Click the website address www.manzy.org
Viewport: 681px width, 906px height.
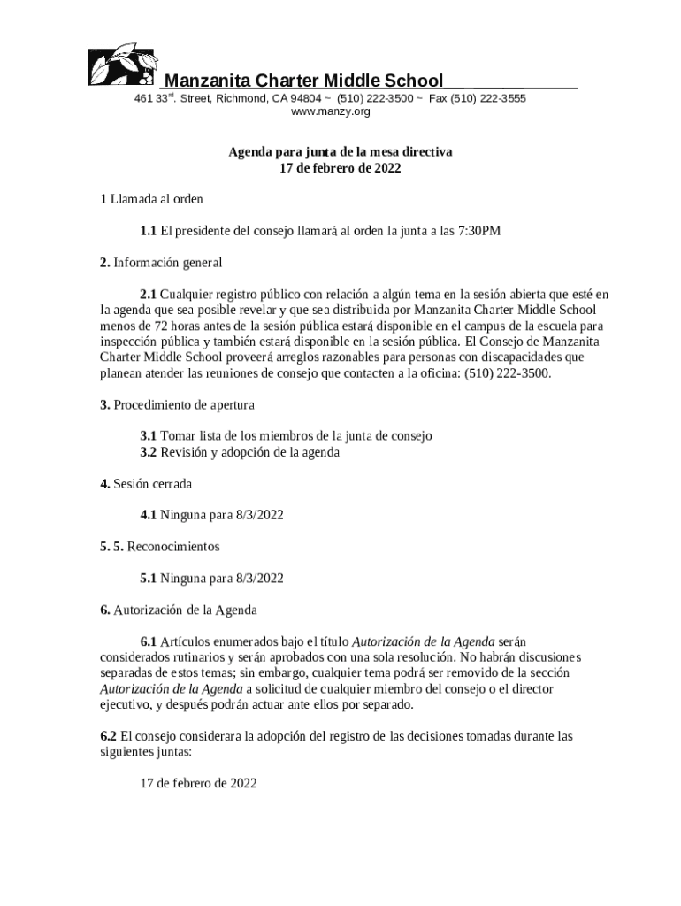click(x=330, y=112)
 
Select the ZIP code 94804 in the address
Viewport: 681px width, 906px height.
click(x=306, y=98)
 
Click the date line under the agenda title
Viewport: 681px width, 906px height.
click(x=340, y=168)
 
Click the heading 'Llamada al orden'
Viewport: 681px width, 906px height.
click(x=157, y=200)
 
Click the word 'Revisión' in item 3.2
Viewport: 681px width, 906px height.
click(x=184, y=452)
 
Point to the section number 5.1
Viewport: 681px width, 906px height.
click(x=148, y=579)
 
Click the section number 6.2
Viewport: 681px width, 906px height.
click(x=109, y=735)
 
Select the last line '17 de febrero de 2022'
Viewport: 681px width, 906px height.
click(x=199, y=783)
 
